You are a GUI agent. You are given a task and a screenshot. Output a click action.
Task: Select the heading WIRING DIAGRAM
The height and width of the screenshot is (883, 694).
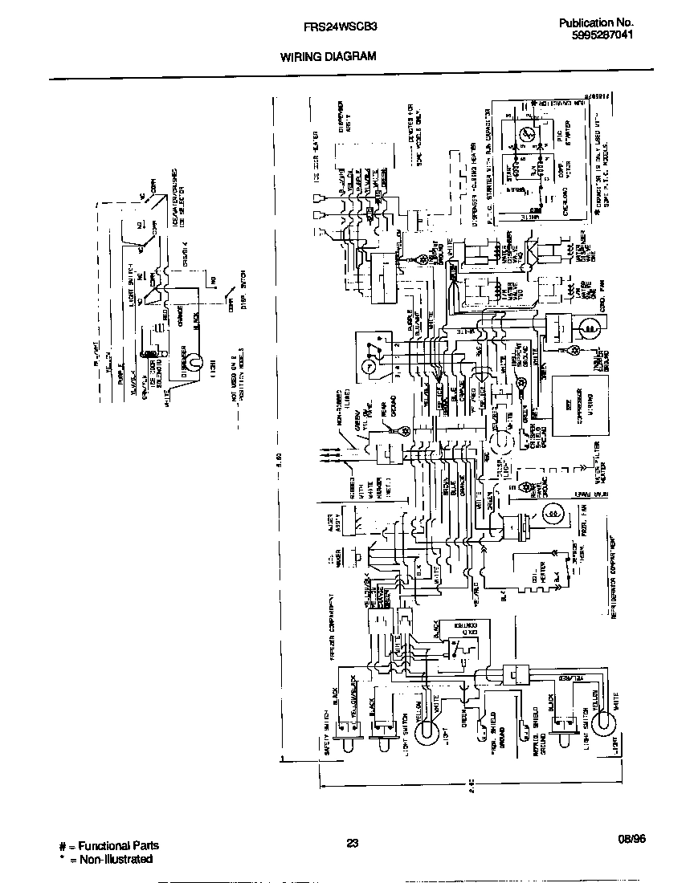(x=328, y=57)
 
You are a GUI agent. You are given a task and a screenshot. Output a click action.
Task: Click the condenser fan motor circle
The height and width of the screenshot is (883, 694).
(x=589, y=328)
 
